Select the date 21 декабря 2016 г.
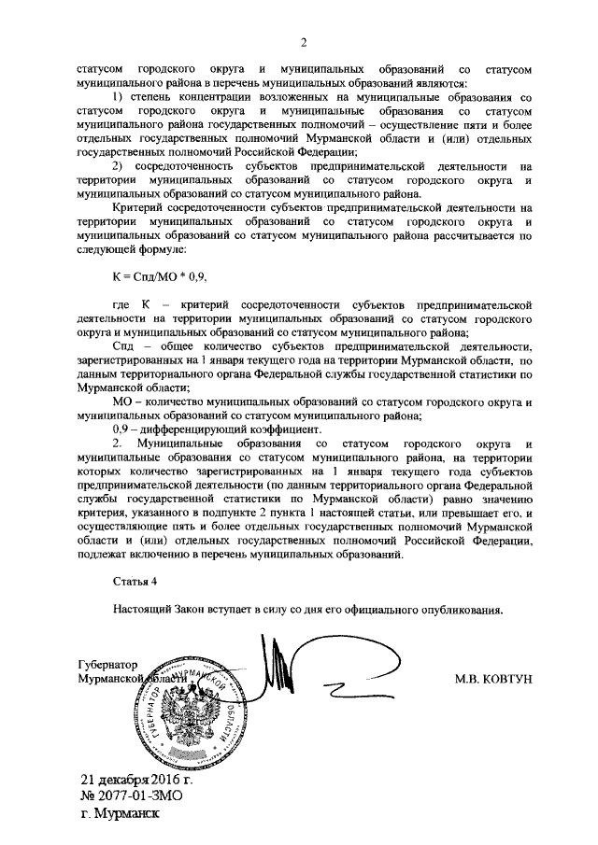(136, 780)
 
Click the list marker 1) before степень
(118, 97)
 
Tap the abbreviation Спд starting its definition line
(121, 346)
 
